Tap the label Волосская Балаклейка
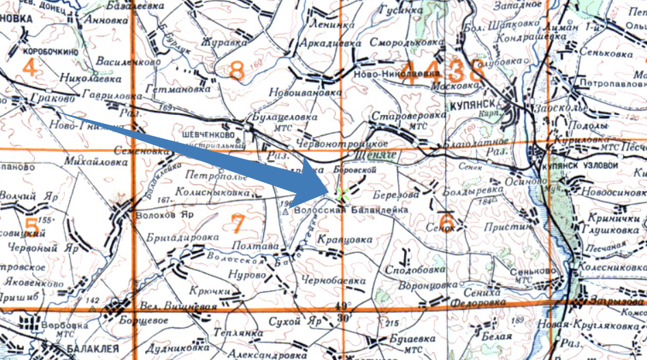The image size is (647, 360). pyautogui.click(x=351, y=211)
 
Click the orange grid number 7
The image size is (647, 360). pyautogui.click(x=237, y=223)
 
